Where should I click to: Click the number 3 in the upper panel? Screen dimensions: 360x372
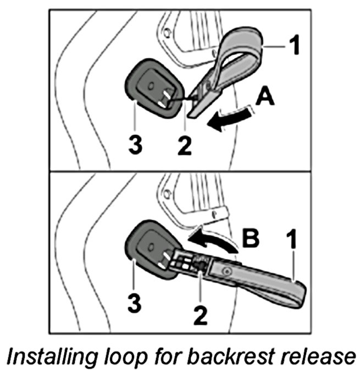tap(135, 145)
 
